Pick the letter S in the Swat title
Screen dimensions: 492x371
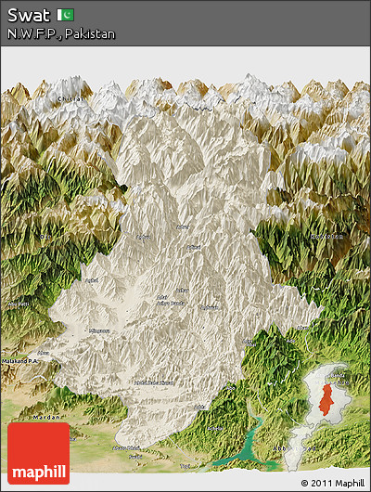(x=12, y=15)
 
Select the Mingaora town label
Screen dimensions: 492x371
(x=98, y=330)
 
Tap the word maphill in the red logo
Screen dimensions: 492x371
(x=38, y=473)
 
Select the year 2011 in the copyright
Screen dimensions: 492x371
(x=320, y=484)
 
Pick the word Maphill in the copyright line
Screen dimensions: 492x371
(x=348, y=484)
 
